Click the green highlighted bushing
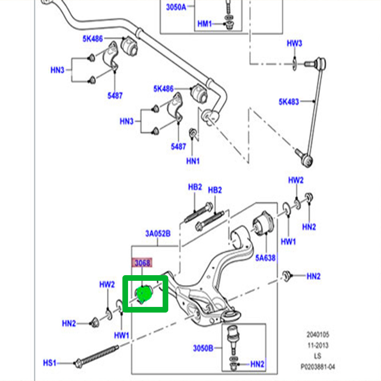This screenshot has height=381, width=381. tap(144, 295)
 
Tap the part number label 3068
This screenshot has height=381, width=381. tap(141, 263)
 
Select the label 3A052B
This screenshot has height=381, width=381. tap(158, 234)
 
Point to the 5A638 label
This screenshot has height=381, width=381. tap(265, 258)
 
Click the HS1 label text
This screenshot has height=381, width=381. tap(50, 363)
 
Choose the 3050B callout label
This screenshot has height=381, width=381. tap(203, 349)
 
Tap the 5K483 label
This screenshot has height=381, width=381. tap(289, 102)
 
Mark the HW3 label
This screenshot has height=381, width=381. tap(294, 43)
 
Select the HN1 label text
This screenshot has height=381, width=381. tap(193, 161)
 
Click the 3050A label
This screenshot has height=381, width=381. tap(176, 7)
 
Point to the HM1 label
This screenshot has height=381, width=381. tap(204, 24)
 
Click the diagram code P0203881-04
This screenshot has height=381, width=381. tap(318, 367)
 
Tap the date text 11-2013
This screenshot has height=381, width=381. tap(318, 345)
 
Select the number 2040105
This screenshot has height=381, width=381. tap(318, 334)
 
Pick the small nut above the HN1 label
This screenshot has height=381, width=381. tap(193, 133)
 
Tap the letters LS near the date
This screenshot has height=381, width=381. tap(318, 356)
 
